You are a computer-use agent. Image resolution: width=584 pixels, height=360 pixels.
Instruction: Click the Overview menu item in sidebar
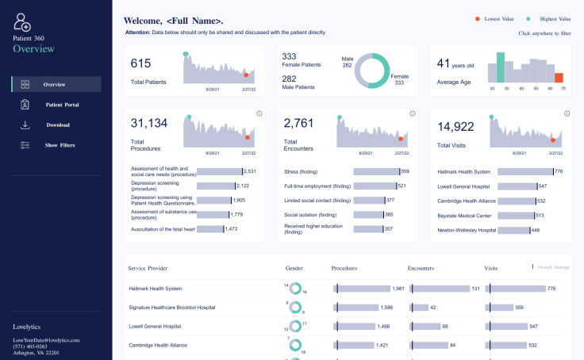pos(54,84)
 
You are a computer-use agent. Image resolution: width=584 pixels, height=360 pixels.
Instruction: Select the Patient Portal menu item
pos(61,105)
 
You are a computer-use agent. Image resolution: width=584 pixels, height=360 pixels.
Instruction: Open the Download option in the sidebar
pos(57,125)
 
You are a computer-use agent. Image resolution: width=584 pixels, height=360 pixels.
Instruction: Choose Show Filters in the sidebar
pos(60,145)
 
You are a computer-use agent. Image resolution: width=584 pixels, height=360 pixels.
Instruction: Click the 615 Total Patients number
pos(140,63)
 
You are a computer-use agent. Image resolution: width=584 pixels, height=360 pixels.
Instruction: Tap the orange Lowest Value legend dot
pos(477,18)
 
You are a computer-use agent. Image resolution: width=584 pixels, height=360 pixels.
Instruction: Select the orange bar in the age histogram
pos(559,77)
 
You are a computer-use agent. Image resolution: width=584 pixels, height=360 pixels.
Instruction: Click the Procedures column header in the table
pos(344,268)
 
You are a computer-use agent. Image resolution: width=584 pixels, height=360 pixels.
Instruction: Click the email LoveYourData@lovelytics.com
pos(46,340)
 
